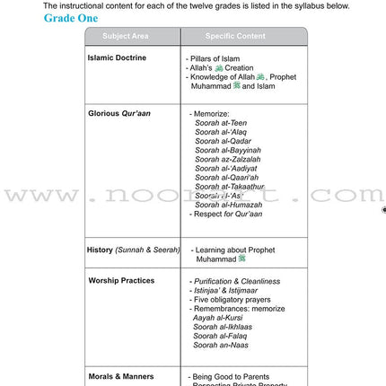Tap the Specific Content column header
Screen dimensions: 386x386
pyautogui.click(x=235, y=36)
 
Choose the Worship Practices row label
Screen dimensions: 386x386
pyautogui.click(x=121, y=280)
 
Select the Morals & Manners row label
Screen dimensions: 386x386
pyautogui.click(x=120, y=376)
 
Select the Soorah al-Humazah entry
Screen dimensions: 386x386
pyautogui.click(x=229, y=205)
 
